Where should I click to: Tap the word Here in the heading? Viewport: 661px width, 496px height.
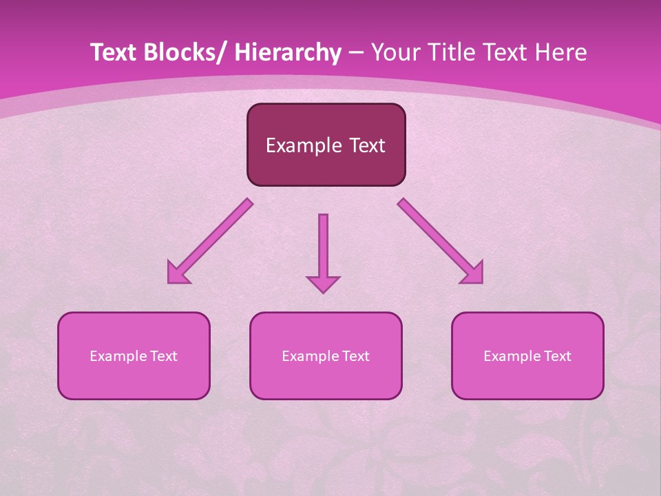point(563,53)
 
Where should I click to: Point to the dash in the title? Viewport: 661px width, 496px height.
point(356,53)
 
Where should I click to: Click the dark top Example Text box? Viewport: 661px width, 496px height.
point(326,145)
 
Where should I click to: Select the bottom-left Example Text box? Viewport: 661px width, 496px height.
point(134,355)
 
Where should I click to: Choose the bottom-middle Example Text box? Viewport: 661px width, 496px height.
point(326,355)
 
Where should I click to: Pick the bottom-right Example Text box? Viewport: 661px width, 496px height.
point(527,355)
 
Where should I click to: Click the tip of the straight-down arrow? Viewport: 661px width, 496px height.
point(323,292)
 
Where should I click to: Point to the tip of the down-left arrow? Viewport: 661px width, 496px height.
point(169,282)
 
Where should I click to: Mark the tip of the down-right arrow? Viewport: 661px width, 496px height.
point(481,282)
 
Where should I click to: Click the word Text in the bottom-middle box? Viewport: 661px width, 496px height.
point(356,356)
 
